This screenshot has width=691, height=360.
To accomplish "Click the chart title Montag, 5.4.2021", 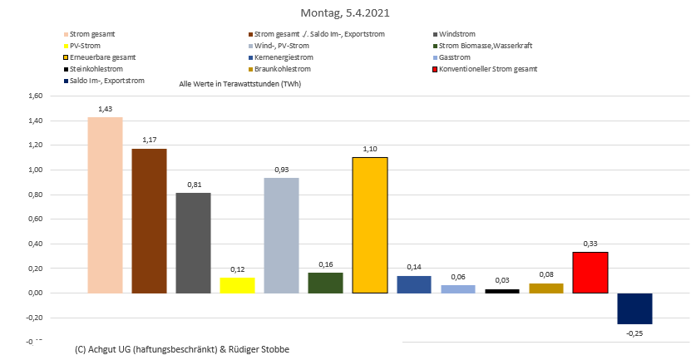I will pyautogui.click(x=345, y=13).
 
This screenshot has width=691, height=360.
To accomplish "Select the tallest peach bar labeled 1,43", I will pyautogui.click(x=105, y=205).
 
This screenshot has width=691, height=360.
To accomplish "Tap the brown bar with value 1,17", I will pyautogui.click(x=150, y=220).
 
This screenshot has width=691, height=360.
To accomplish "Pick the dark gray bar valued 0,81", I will pyautogui.click(x=194, y=243).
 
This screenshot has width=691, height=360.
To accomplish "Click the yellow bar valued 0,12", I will pyautogui.click(x=237, y=285).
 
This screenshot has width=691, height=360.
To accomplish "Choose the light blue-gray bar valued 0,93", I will pyautogui.click(x=282, y=235).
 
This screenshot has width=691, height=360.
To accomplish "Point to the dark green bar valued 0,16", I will pyautogui.click(x=325, y=283).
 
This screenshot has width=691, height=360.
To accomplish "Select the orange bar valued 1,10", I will pyautogui.click(x=370, y=224).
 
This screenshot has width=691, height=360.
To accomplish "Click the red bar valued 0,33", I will pyautogui.click(x=590, y=272).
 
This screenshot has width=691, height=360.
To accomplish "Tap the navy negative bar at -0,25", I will pyautogui.click(x=634, y=308).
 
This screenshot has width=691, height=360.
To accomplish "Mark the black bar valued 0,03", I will pyautogui.click(x=501, y=291).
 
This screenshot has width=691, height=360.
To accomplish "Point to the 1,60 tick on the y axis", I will pyautogui.click(x=36, y=96).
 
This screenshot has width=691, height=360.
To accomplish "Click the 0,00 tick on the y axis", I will pyautogui.click(x=36, y=293).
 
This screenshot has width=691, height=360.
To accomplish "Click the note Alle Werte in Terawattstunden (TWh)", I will pyautogui.click(x=239, y=85).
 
